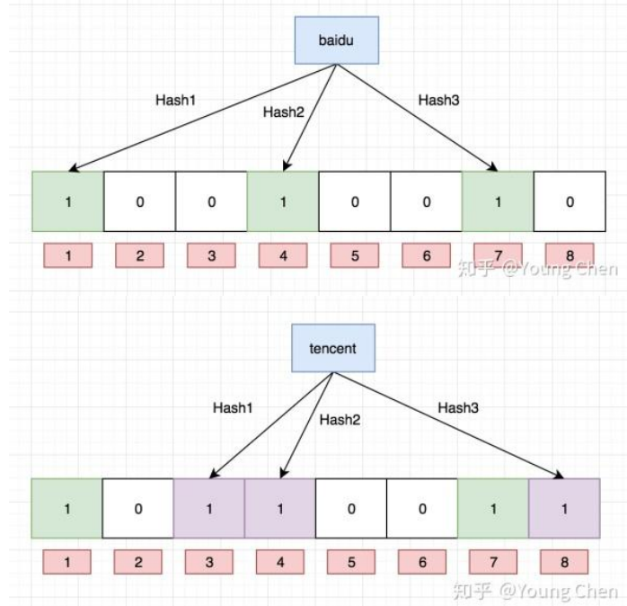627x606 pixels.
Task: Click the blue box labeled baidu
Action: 336,41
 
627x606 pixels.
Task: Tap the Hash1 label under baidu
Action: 175,100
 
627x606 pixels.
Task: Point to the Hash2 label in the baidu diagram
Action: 283,112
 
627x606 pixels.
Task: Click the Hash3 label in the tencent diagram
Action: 458,407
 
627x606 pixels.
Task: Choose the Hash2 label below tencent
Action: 340,419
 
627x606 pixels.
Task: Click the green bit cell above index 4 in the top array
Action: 283,202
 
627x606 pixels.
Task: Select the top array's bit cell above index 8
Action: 570,202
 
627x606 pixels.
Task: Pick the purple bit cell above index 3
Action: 208,509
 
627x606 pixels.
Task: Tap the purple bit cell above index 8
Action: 564,509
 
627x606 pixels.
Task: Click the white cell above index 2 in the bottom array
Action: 137,509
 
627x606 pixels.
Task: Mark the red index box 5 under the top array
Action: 354,256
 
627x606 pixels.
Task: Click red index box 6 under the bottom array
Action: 421,562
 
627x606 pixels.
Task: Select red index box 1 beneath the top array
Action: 67,256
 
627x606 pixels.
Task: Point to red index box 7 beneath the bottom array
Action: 493,562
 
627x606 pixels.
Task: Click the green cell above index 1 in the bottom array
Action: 66,509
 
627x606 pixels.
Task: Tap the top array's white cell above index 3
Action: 211,202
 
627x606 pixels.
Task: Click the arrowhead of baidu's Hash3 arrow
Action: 495,168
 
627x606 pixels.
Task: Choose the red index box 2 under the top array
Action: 139,256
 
